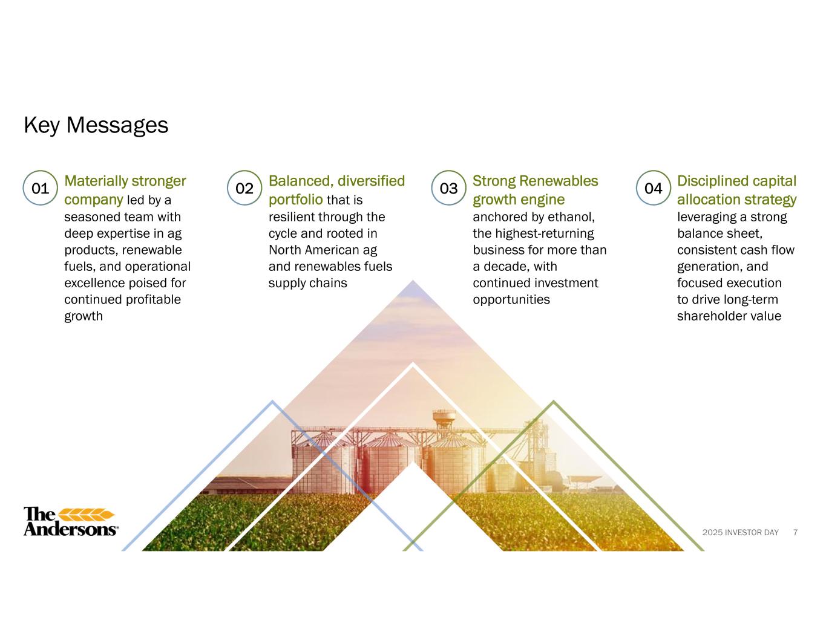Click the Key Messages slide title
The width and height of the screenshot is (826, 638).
pyautogui.click(x=96, y=125)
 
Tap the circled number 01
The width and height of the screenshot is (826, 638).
pyautogui.click(x=40, y=188)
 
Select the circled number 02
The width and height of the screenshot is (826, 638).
pyautogui.click(x=244, y=188)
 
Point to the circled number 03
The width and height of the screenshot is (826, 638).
pyautogui.click(x=448, y=188)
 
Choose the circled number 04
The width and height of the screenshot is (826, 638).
pyautogui.click(x=654, y=188)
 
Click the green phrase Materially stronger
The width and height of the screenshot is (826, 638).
pyautogui.click(x=125, y=181)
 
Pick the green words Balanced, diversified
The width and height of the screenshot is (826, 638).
pyautogui.click(x=337, y=181)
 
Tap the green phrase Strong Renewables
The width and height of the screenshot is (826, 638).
pyautogui.click(x=535, y=181)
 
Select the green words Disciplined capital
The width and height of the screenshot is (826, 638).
pyautogui.click(x=736, y=181)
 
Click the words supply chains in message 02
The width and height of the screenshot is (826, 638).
pyautogui.click(x=308, y=283)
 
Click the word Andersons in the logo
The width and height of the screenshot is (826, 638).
pyautogui.click(x=70, y=529)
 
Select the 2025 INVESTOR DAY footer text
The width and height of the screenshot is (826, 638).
pyautogui.click(x=741, y=532)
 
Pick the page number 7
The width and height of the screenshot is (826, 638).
pyautogui.click(x=795, y=532)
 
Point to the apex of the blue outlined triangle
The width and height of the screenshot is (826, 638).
pyautogui.click(x=272, y=401)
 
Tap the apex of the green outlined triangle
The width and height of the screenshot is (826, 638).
pyautogui.click(x=554, y=401)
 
